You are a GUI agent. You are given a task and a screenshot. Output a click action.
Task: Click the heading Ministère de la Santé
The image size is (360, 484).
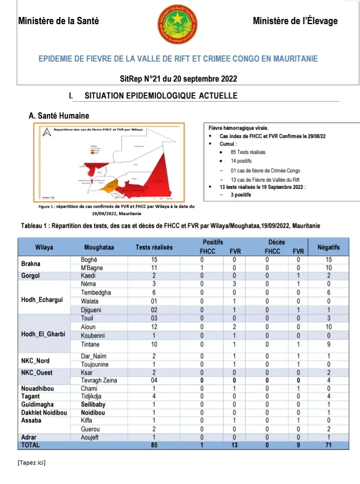pyautogui.click(x=58, y=21)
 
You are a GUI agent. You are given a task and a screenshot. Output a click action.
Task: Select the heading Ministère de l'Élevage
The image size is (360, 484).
pyautogui.click(x=295, y=21)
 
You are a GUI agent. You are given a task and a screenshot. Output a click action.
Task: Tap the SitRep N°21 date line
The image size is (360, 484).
pyautogui.click(x=178, y=79)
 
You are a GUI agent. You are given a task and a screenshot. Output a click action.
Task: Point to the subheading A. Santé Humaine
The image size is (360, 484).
pyautogui.click(x=59, y=116)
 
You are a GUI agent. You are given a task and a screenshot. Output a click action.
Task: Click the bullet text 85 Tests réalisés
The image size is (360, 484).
pyautogui.click(x=248, y=152)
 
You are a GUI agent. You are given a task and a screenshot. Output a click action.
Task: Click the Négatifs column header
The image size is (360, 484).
pyautogui.click(x=329, y=247)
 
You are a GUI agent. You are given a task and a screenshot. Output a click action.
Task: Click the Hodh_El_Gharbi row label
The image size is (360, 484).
pyautogui.click(x=43, y=335)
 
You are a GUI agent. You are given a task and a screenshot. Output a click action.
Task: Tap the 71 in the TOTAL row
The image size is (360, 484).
pyautogui.click(x=329, y=444)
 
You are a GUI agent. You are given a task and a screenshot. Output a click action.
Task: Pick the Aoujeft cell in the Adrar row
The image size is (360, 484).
pyautogui.click(x=92, y=437)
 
